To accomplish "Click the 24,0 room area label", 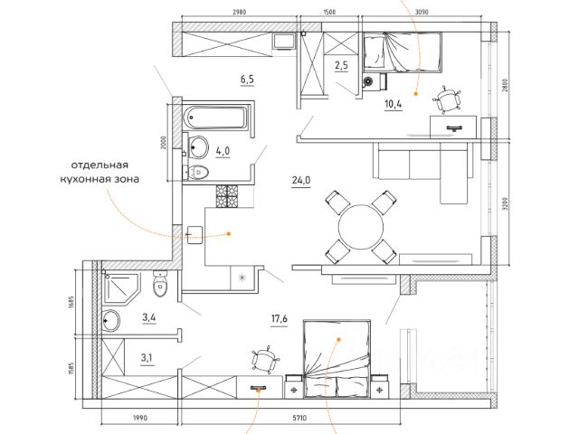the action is [x=301, y=181].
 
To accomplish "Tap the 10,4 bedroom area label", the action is [x=394, y=105].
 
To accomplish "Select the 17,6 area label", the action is [x=280, y=318].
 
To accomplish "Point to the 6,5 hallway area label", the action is [x=247, y=79].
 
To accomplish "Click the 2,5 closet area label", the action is [x=342, y=65].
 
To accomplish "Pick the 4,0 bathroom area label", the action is [x=223, y=151].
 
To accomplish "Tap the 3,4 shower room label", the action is [x=149, y=317].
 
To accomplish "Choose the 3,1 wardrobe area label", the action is [x=147, y=357].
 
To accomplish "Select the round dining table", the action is [x=361, y=227].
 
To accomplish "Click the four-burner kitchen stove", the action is [x=227, y=196].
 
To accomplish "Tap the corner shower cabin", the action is [x=122, y=289].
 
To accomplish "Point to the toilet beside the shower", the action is [x=160, y=284].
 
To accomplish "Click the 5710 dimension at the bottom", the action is [x=299, y=418].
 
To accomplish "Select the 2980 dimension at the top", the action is [x=239, y=12].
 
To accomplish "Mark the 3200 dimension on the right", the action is [x=506, y=203].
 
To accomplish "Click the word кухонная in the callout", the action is [x=85, y=180].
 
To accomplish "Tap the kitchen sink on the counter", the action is [x=195, y=235].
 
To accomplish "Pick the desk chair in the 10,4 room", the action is [x=447, y=99].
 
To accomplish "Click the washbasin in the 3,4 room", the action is [x=111, y=320].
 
